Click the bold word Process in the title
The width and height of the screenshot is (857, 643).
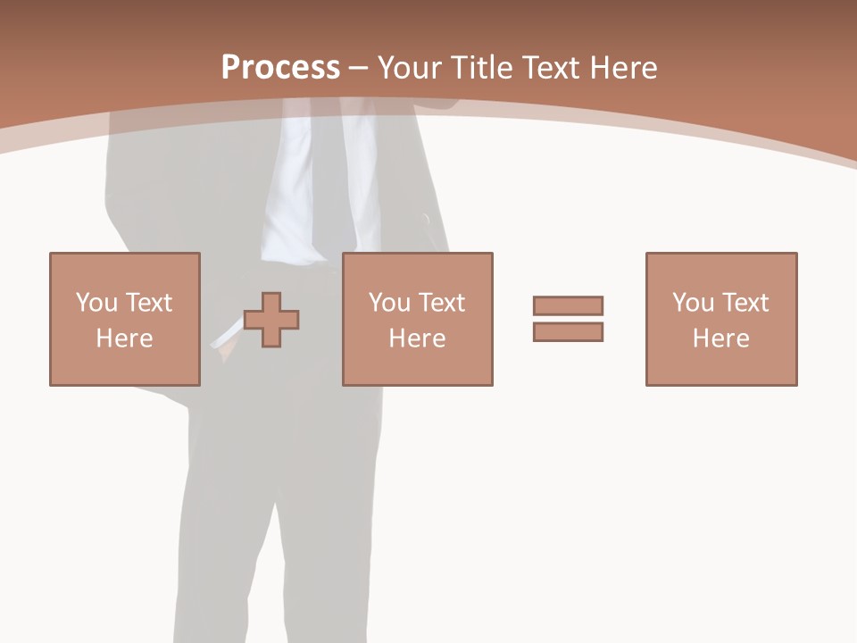(x=280, y=68)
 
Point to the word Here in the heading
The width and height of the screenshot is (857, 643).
(x=623, y=68)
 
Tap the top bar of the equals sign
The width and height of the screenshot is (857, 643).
(x=568, y=305)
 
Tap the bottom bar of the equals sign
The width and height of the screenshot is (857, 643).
(x=568, y=331)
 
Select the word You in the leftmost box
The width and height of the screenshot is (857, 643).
(x=96, y=303)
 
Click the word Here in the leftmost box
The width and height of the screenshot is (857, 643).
(x=124, y=338)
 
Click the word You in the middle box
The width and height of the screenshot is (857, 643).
(x=389, y=303)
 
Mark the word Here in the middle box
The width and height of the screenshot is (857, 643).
(x=417, y=338)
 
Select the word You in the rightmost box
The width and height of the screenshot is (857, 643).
(x=693, y=303)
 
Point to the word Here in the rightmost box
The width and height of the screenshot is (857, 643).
(x=720, y=338)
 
